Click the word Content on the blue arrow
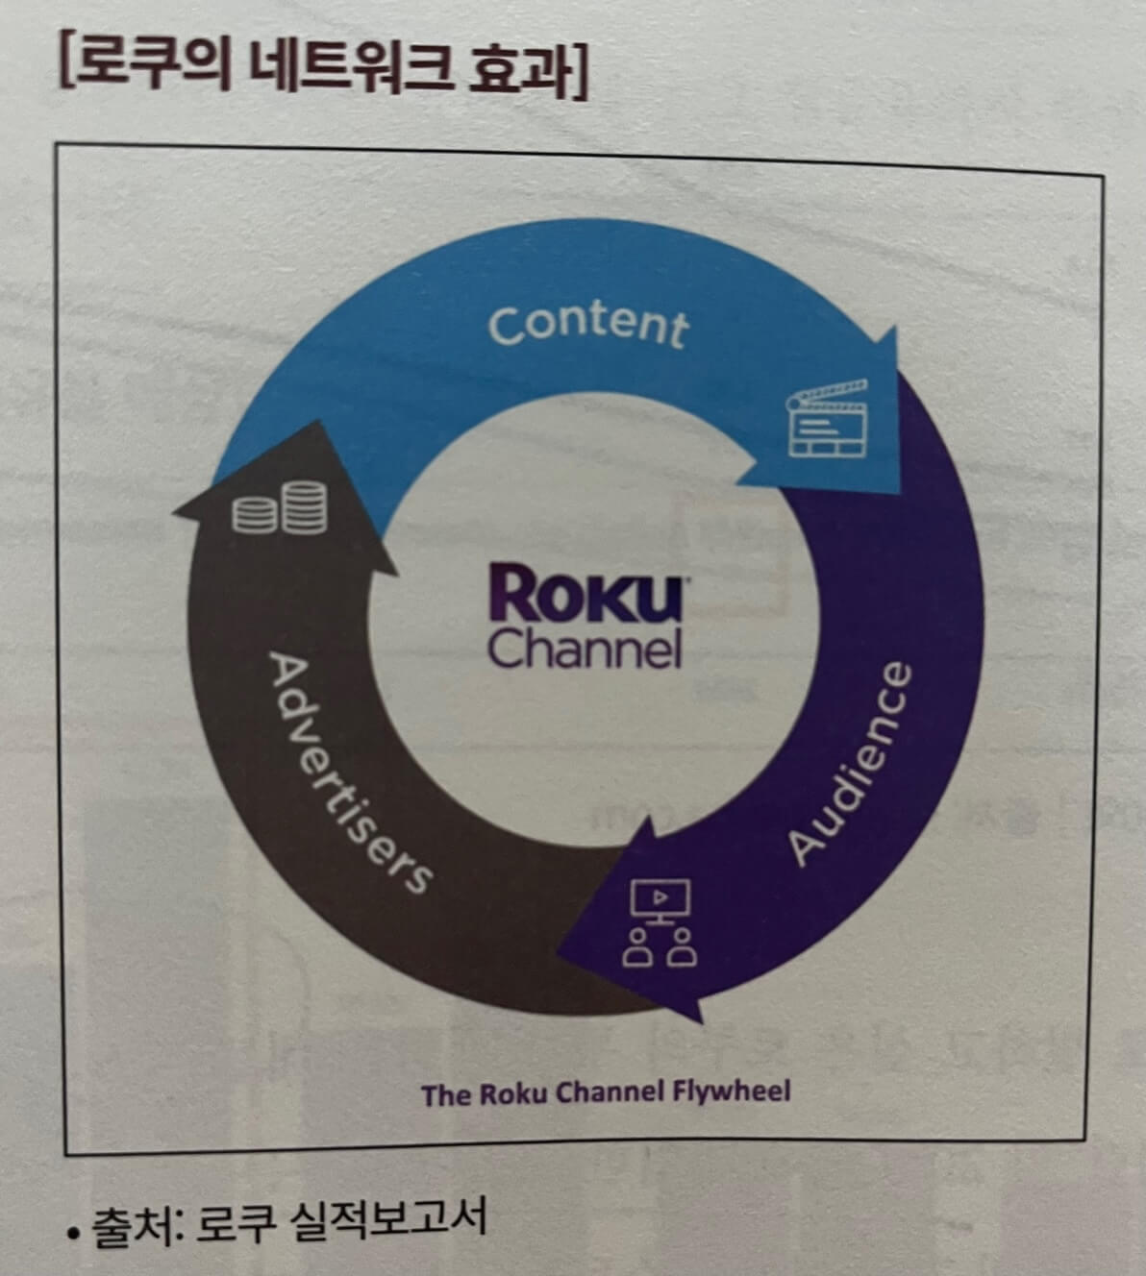[588, 326]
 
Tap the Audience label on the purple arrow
[849, 764]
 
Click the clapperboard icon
[827, 418]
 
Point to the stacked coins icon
[280, 509]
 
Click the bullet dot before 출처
[74, 1231]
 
